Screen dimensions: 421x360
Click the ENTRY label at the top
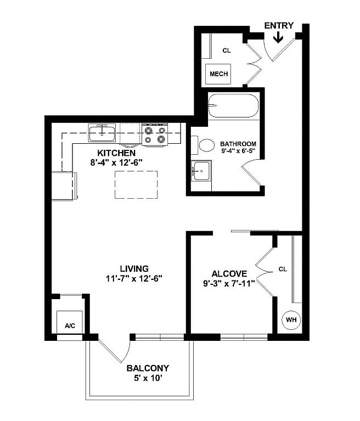pos(279,25)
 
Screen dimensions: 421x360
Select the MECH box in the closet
pos(218,74)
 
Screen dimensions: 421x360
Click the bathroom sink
pos(201,171)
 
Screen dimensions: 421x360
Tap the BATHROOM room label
pos(238,144)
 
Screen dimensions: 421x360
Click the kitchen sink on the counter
pos(102,132)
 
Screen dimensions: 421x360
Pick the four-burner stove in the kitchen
pos(155,135)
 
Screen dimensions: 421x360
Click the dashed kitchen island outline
pos(136,184)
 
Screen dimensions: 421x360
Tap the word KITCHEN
pos(116,153)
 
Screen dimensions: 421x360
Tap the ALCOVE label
pos(229,273)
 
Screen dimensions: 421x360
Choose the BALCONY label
pos(148,368)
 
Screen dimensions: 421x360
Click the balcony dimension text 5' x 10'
pos(147,378)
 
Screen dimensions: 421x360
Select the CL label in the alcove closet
pos(283,269)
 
